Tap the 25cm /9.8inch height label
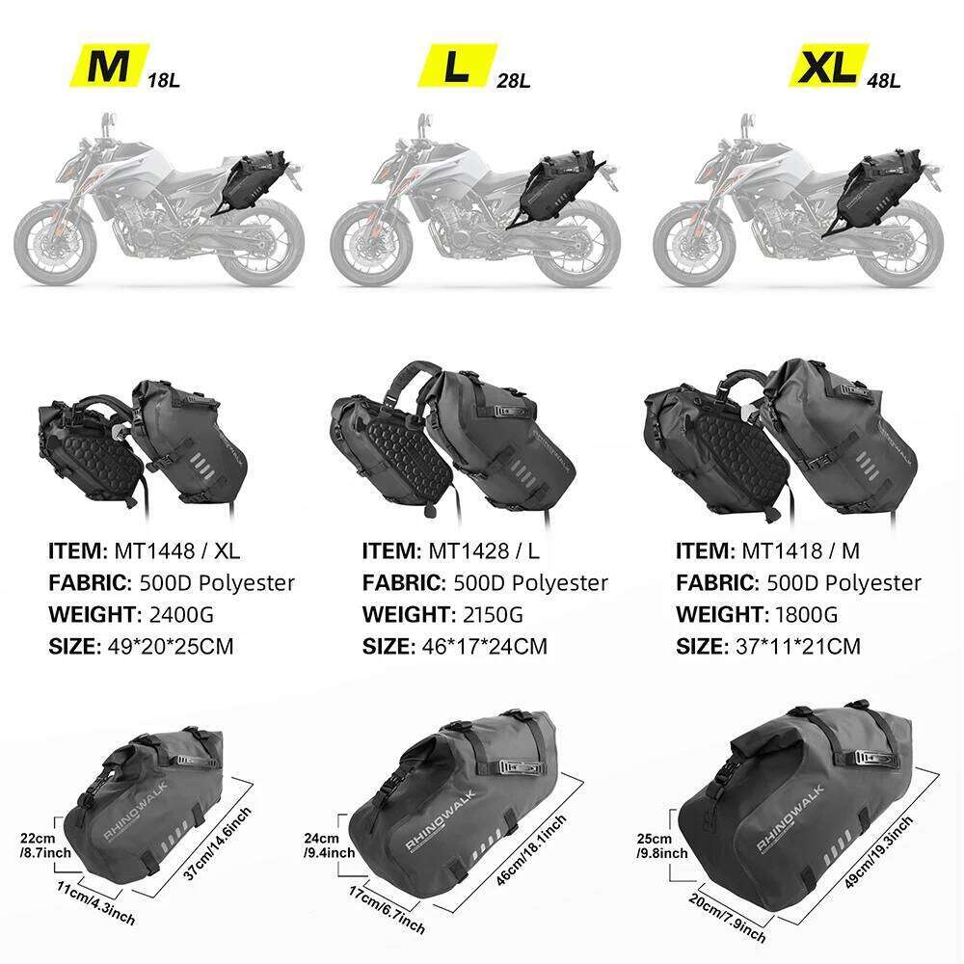661,846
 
